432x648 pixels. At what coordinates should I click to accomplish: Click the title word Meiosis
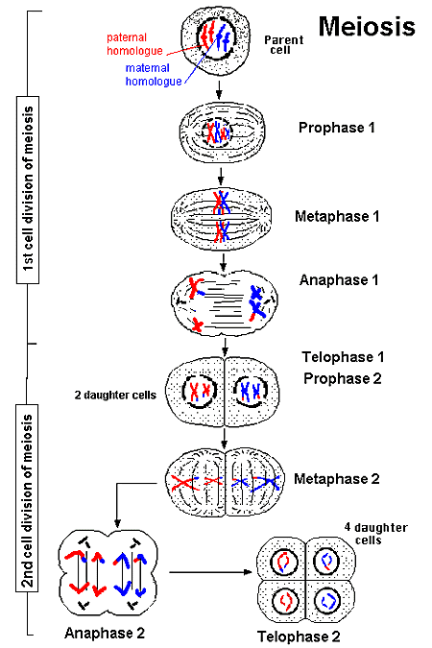[367, 24]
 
